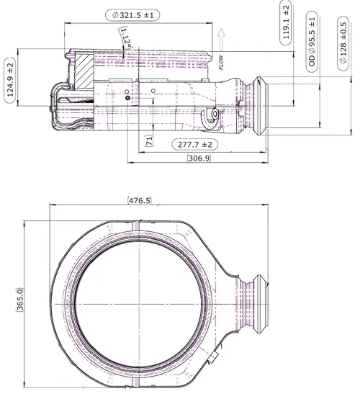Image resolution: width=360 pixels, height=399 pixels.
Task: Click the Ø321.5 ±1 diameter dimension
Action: pyautogui.click(x=132, y=15)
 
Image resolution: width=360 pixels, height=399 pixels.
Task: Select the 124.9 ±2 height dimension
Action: pyautogui.click(x=10, y=80)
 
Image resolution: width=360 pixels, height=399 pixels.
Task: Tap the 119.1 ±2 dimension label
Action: pyautogui.click(x=286, y=22)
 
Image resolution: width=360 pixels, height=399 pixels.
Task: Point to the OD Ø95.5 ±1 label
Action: pyautogui.click(x=312, y=42)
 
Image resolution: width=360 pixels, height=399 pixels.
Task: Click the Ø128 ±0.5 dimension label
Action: pyautogui.click(x=343, y=42)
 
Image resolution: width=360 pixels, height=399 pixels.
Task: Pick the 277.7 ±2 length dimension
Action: pyautogui.click(x=195, y=145)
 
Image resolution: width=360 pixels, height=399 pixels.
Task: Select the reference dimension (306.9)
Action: pyautogui.click(x=199, y=158)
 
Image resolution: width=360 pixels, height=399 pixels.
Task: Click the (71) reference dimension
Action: pyautogui.click(x=149, y=140)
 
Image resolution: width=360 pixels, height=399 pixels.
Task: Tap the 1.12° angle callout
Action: pyautogui.click(x=126, y=38)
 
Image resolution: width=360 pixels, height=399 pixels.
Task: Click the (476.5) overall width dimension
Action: pyautogui.click(x=140, y=200)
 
